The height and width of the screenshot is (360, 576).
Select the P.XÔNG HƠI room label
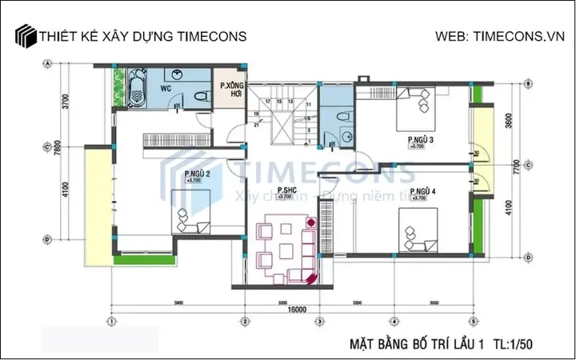click(x=231, y=90)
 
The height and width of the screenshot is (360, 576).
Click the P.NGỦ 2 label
click(x=197, y=174)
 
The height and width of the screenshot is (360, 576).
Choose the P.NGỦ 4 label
click(x=421, y=192)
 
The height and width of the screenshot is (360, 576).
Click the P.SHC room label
click(x=285, y=190)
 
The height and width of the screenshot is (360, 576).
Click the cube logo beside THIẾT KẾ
click(x=26, y=37)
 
